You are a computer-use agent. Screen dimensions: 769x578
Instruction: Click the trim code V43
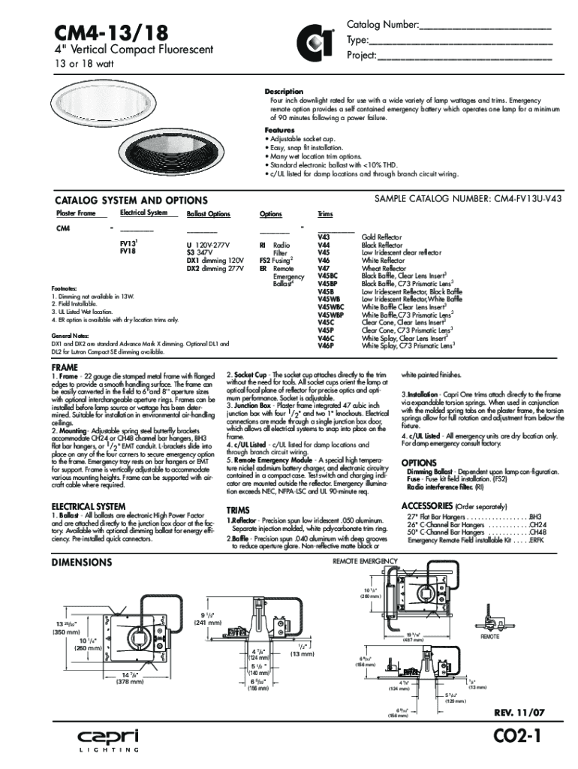pos(324,237)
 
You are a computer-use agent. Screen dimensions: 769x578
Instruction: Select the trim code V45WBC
pos(330,306)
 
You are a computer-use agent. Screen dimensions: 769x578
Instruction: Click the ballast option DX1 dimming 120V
pos(215,260)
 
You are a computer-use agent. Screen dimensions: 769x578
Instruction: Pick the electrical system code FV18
pos(128,252)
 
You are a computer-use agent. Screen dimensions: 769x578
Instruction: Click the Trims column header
pos(325,214)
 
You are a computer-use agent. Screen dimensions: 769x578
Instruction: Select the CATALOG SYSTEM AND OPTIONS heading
pos(131,201)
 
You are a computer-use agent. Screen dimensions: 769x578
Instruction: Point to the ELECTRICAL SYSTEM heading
pos(88,506)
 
